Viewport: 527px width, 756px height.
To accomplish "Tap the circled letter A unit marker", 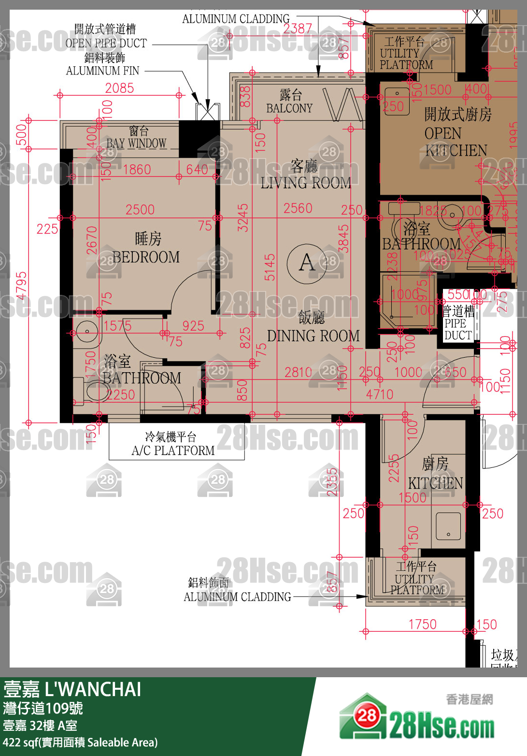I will [307, 263].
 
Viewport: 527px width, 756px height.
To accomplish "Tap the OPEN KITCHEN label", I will [456, 132].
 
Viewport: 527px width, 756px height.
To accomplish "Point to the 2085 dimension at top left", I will [119, 88].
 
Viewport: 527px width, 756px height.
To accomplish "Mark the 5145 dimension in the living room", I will [270, 267].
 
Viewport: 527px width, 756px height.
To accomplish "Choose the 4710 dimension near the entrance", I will [379, 394].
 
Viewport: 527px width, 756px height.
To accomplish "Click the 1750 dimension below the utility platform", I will [422, 624].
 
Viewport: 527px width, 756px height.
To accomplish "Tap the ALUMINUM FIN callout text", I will [103, 71].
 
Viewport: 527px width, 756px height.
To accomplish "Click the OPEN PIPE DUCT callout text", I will [106, 43].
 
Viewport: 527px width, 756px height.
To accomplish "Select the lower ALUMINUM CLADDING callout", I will [237, 597].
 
